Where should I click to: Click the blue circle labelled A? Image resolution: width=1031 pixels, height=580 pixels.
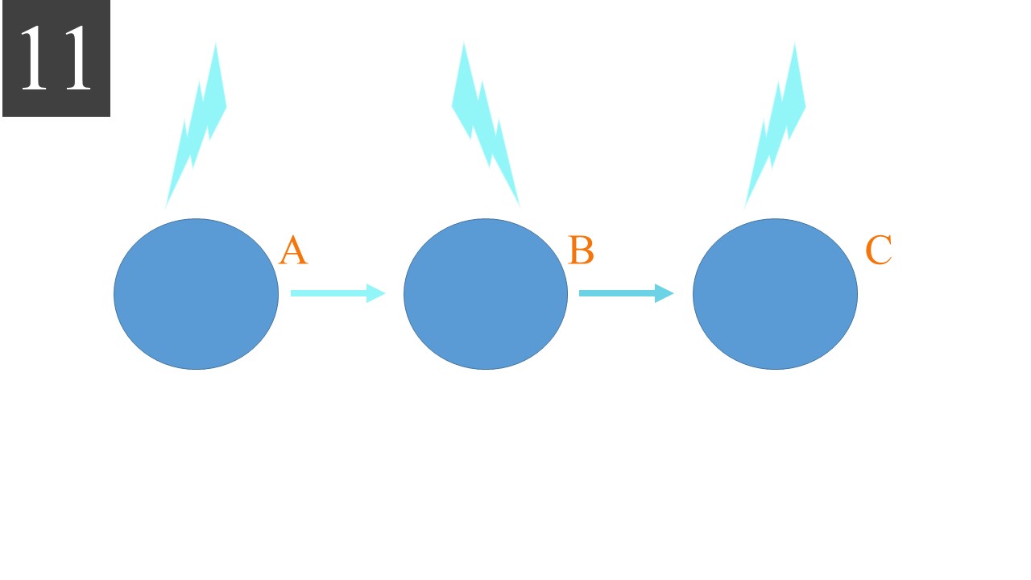pos(196,294)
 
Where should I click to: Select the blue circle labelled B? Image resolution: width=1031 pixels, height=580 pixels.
pos(486,294)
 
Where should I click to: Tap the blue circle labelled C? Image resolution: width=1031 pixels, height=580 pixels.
pos(775,294)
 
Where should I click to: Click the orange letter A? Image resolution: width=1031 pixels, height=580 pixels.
pos(293,251)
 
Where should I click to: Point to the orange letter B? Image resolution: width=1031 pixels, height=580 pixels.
pos(581,251)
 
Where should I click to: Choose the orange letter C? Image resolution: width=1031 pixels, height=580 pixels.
pos(879,251)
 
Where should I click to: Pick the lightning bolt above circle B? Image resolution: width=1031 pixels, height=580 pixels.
pos(483,121)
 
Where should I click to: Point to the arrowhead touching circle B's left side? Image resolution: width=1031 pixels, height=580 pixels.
pos(376,293)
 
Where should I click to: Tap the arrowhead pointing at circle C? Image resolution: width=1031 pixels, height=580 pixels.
pos(665,293)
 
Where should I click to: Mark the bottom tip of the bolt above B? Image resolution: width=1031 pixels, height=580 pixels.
pos(520,207)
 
